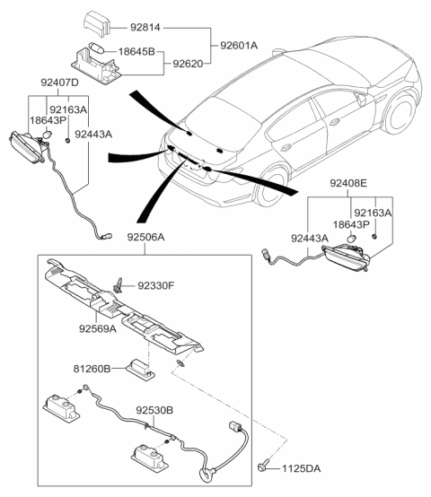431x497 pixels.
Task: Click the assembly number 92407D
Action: pos(60,83)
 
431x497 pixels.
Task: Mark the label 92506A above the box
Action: pos(160,241)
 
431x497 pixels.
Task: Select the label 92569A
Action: pos(97,327)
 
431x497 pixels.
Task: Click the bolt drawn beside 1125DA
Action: pos(263,466)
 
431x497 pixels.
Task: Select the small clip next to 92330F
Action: pos(119,285)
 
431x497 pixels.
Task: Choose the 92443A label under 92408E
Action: pos(309,237)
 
